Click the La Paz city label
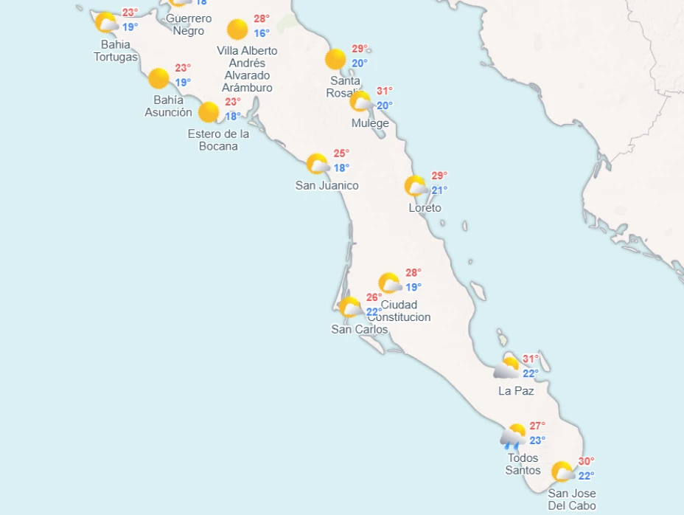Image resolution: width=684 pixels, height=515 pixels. pos(515,391)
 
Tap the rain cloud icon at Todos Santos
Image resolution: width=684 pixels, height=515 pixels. pos(513,436)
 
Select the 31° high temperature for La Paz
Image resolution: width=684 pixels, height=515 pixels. pos(531,359)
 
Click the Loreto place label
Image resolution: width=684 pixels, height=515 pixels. pos(425,208)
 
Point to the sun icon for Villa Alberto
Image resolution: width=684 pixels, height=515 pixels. pos(237,30)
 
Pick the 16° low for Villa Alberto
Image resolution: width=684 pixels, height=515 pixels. pos(262,33)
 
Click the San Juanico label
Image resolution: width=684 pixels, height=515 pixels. pos(327,185)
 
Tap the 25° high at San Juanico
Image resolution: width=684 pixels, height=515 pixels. pos(341,153)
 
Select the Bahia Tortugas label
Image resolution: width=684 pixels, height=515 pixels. pos(116,51)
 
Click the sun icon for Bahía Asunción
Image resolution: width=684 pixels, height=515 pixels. pos(158,78)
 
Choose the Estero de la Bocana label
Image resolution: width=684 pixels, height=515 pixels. pos(218,140)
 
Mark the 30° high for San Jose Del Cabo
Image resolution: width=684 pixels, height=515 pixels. pos(586,461)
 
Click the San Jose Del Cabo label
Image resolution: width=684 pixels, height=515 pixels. pos(572,500)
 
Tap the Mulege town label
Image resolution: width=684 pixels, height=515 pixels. pos(370,123)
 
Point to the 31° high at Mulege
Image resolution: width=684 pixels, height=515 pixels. pos(385,91)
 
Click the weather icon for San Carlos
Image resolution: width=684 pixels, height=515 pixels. pos(350,307)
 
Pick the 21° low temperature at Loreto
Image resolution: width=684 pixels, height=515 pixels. pos(439,190)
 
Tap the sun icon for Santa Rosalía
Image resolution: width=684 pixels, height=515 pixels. pos(335,59)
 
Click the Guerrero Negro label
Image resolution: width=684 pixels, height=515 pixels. pos(189,24)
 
